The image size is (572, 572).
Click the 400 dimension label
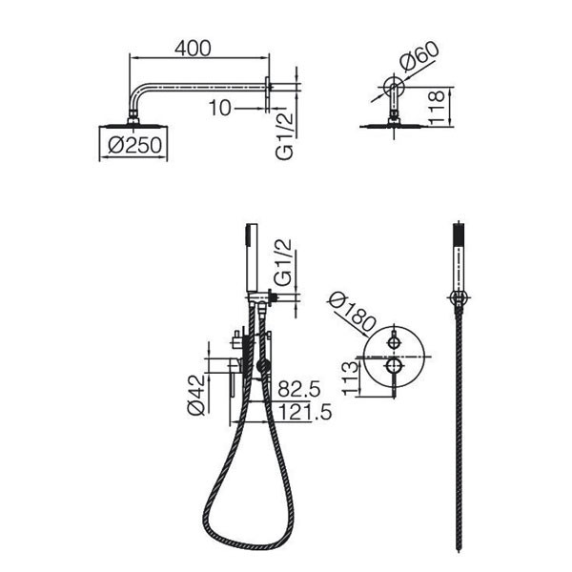[193, 49]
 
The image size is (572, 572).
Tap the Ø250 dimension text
[134, 145]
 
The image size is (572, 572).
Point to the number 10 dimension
[220, 108]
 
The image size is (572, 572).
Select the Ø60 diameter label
[419, 57]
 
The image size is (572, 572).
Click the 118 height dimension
[436, 107]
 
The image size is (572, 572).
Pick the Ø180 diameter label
[352, 314]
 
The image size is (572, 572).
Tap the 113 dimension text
[351, 378]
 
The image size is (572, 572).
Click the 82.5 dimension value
[299, 389]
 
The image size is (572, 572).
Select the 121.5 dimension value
[305, 412]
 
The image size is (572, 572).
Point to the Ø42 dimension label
[197, 395]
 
